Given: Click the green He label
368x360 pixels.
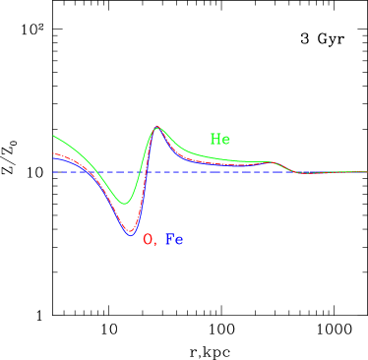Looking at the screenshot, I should (219, 140).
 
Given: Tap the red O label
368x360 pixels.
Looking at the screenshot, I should (148, 239).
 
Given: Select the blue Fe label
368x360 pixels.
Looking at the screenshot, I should (174, 239).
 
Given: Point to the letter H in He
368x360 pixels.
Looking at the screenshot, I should (215, 140).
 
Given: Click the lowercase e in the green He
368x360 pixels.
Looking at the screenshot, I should (225, 141).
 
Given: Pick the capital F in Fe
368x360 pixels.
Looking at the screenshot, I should (169, 239).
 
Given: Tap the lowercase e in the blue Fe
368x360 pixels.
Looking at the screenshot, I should (179, 240).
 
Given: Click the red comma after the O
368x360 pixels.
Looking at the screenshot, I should (154, 244).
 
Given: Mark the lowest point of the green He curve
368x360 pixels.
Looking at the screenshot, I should (124, 204).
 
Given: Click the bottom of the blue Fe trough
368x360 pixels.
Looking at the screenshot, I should (130, 235).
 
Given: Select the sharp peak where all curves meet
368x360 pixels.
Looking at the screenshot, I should (156, 127).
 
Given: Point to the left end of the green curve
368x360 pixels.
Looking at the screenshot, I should (53, 136).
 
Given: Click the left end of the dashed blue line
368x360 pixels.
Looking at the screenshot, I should (53, 172).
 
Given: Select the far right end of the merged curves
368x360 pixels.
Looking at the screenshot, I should (366, 172).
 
